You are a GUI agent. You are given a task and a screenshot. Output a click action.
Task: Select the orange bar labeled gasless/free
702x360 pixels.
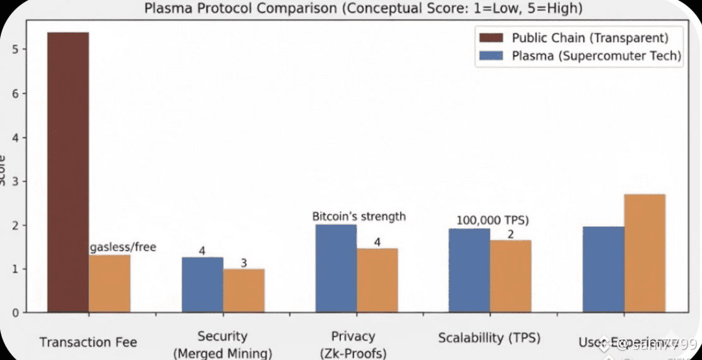click(x=109, y=284)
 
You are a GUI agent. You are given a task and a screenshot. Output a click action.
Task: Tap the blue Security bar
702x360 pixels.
click(x=202, y=285)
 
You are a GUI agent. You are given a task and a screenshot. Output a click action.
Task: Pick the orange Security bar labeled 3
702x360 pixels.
click(x=244, y=291)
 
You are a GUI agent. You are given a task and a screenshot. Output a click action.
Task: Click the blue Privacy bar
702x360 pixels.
click(x=336, y=268)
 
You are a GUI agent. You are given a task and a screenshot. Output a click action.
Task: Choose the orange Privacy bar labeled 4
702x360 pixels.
click(x=377, y=280)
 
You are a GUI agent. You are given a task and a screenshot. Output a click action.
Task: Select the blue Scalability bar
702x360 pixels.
click(x=469, y=270)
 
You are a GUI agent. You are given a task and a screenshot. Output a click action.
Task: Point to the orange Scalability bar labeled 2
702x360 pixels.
click(x=510, y=276)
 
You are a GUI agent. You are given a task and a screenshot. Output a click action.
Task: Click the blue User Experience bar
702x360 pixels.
click(x=603, y=270)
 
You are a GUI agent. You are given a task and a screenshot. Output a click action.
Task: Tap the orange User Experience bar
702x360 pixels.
click(x=644, y=253)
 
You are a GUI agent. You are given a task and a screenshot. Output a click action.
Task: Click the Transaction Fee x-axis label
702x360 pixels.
click(x=88, y=342)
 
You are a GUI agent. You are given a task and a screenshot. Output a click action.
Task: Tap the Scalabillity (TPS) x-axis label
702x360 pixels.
click(x=489, y=337)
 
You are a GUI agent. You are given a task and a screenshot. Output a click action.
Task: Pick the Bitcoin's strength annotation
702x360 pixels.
click(x=359, y=217)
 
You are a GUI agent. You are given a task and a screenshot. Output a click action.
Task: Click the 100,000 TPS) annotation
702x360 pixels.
click(x=492, y=221)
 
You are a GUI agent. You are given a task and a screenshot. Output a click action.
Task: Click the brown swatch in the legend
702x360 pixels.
click(x=491, y=39)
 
